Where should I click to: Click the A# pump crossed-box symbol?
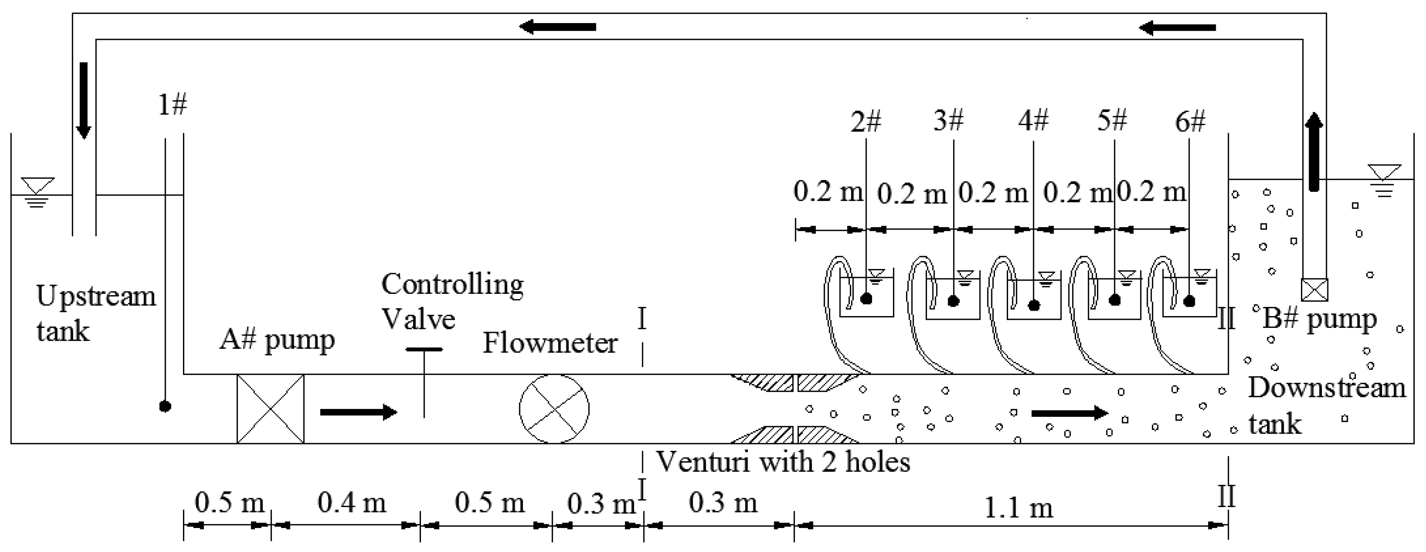pyautogui.click(x=270, y=408)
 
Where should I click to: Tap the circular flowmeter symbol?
pyautogui.click(x=554, y=408)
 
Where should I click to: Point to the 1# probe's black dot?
pyautogui.click(x=165, y=406)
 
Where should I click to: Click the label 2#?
pyautogui.click(x=865, y=121)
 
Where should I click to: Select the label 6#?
pyautogui.click(x=1190, y=121)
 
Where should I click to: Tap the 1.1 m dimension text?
pyautogui.click(x=1018, y=508)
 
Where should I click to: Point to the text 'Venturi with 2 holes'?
pyautogui.click(x=783, y=461)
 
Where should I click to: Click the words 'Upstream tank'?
pyautogui.click(x=95, y=314)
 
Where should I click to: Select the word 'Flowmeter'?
pyautogui.click(x=550, y=343)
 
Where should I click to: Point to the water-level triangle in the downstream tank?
pyautogui.click(x=1384, y=172)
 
